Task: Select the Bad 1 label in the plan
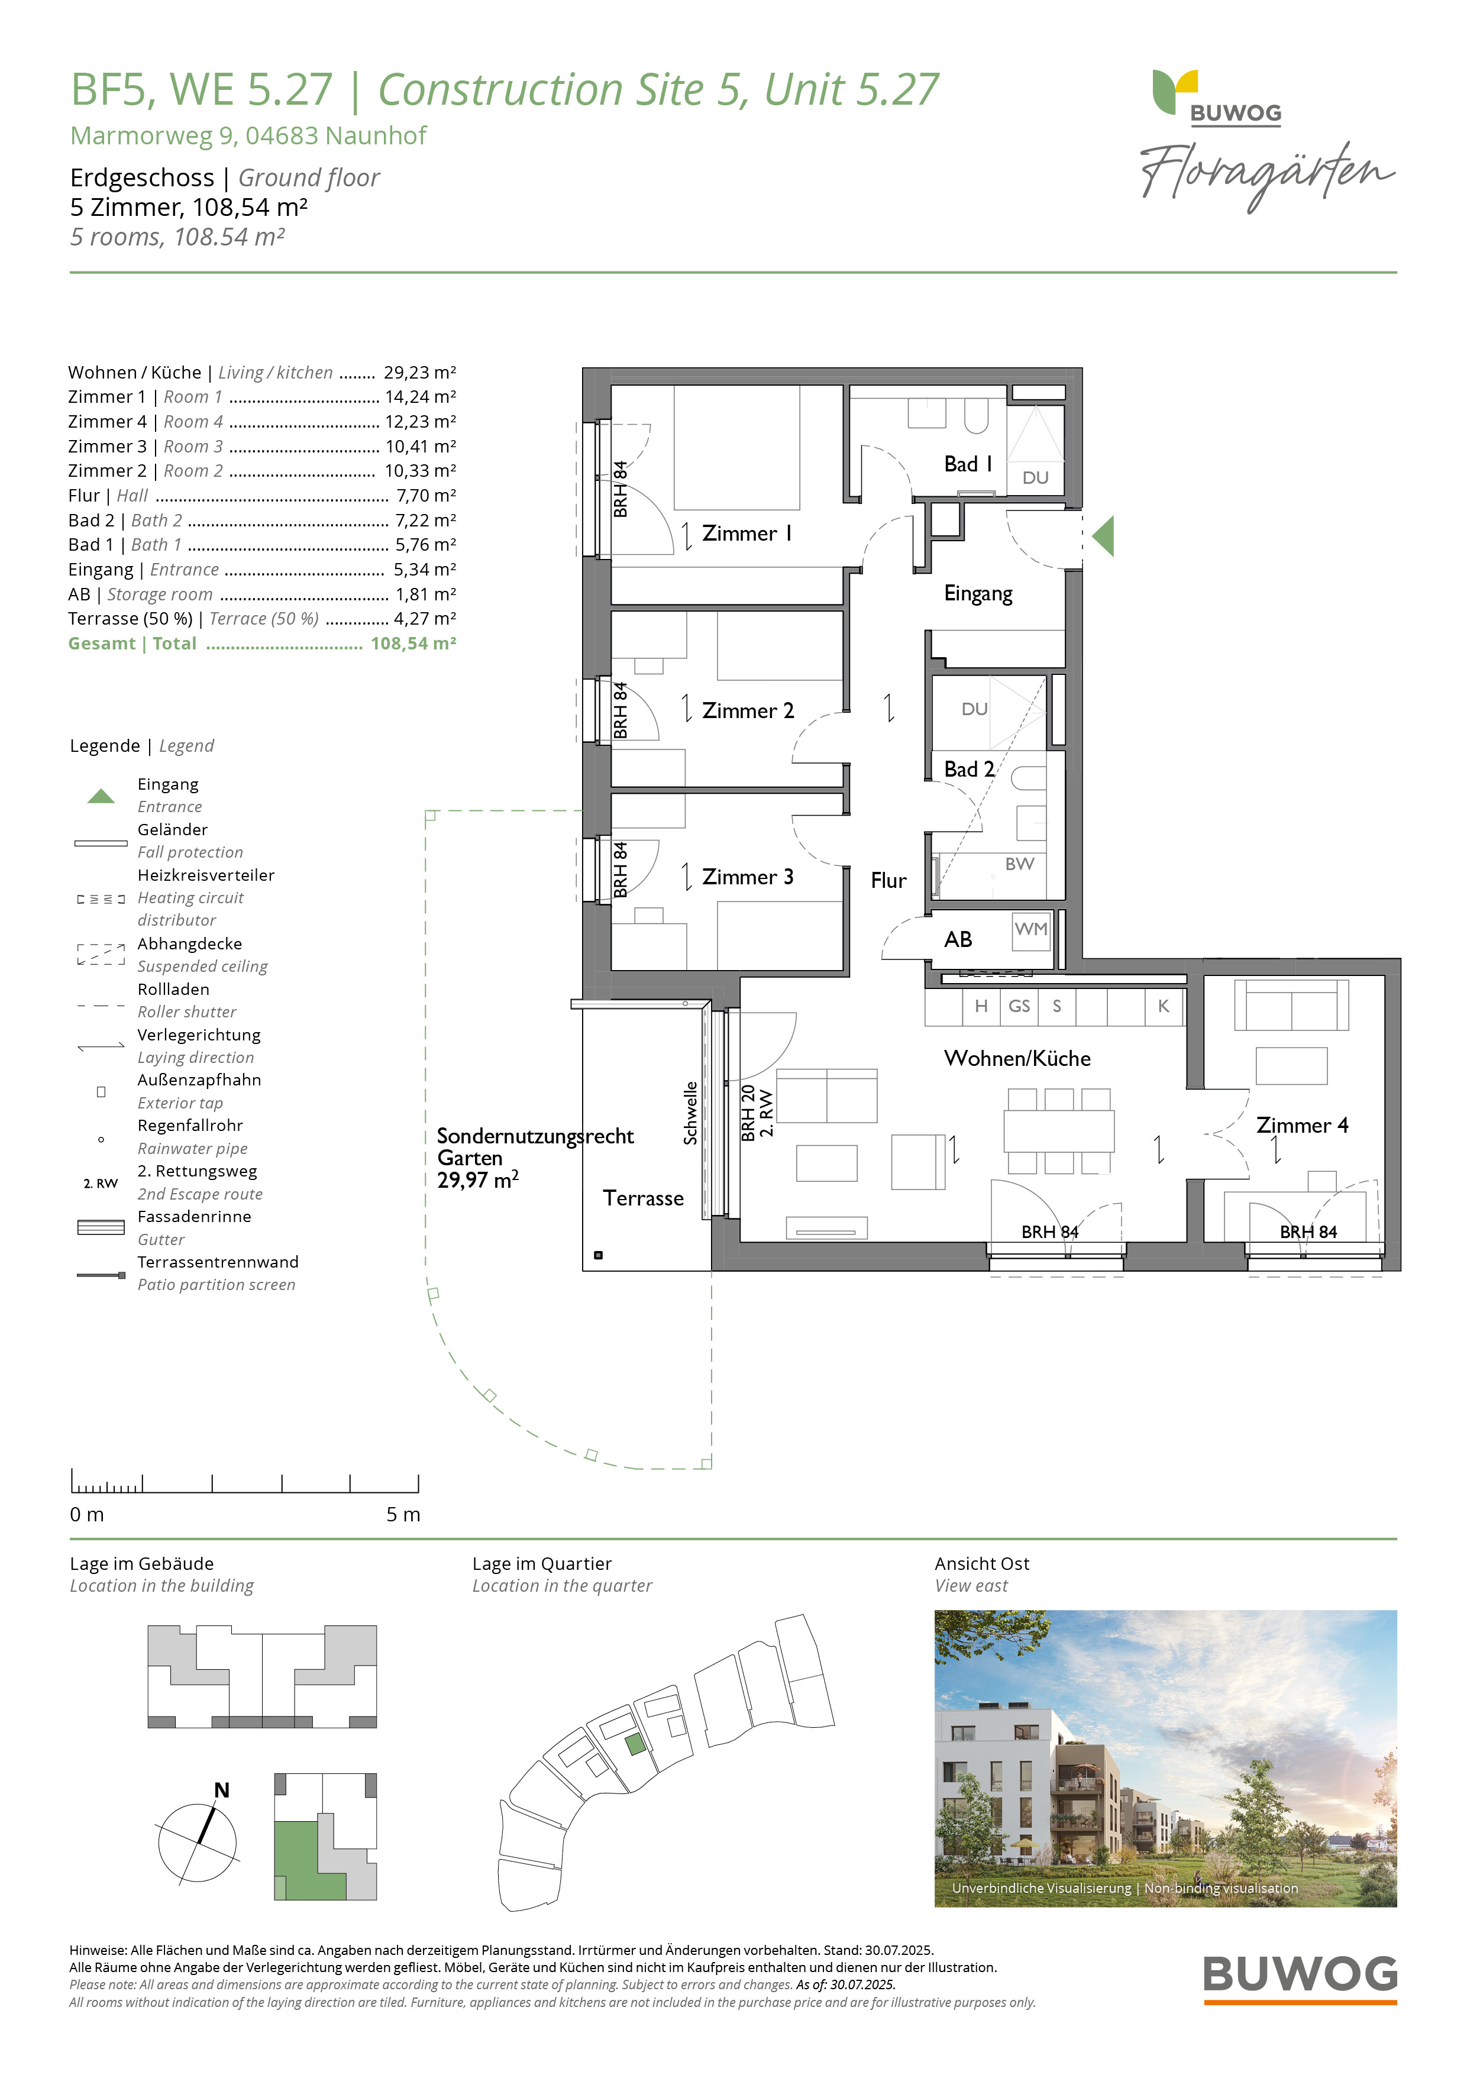click(x=968, y=464)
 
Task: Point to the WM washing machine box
click(x=1031, y=930)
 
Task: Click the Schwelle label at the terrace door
click(x=690, y=1113)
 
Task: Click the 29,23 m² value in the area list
click(x=419, y=372)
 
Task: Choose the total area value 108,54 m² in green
click(x=413, y=644)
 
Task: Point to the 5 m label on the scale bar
click(x=403, y=1515)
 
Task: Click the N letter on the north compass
click(x=221, y=1790)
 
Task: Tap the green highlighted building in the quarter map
click(x=636, y=1744)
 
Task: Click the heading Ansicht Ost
click(x=981, y=1563)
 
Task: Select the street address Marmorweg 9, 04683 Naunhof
click(x=248, y=135)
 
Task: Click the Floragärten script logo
click(x=1267, y=175)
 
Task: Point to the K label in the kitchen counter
click(x=1164, y=1006)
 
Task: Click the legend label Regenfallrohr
click(x=190, y=1125)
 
